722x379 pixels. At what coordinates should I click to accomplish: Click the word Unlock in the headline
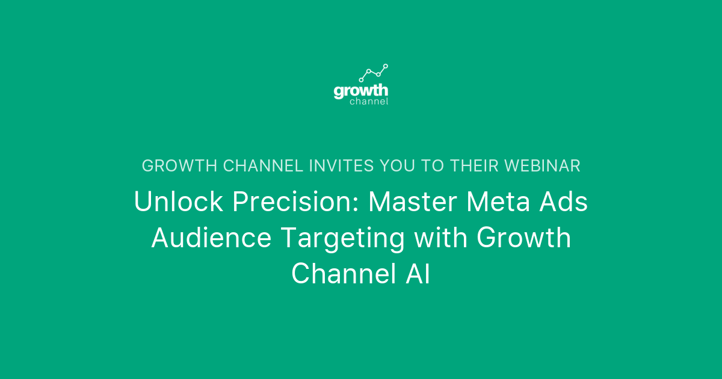[178, 202]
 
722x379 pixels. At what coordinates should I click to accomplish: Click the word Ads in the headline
[566, 202]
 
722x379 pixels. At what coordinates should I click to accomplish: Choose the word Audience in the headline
[211, 238]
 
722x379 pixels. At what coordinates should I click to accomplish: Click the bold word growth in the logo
[361, 91]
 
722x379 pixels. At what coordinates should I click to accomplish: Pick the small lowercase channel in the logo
[369, 102]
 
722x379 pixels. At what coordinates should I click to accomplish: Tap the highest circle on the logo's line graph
[386, 66]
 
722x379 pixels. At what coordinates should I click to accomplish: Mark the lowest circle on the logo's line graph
[361, 80]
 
